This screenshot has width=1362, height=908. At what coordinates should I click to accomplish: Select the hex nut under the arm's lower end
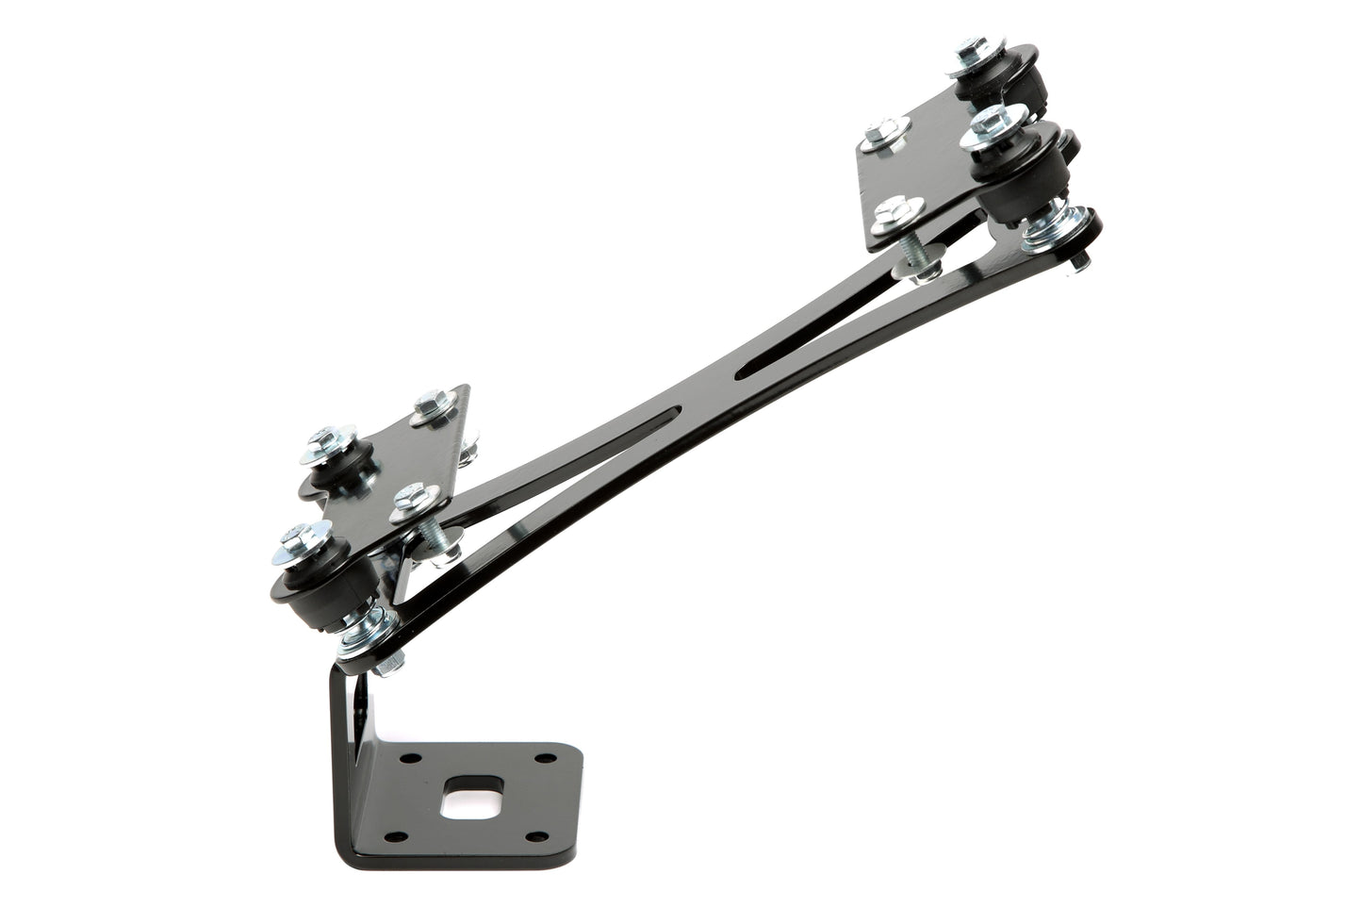tap(386, 666)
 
